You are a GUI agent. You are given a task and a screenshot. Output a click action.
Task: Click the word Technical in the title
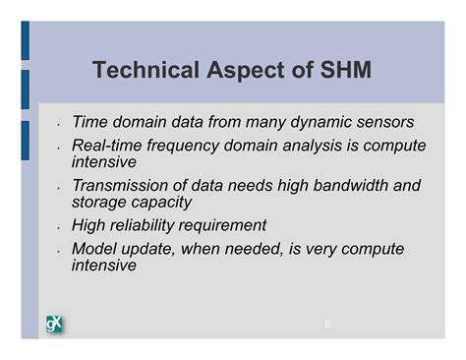click(140, 72)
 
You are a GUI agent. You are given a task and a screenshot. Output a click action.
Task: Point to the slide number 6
click(327, 325)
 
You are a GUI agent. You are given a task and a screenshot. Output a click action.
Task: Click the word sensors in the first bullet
click(386, 122)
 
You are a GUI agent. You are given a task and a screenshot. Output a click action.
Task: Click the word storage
click(103, 203)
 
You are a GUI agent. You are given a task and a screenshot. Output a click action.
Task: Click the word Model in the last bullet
click(97, 248)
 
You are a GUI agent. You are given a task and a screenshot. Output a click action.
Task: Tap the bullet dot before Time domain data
click(61, 126)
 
